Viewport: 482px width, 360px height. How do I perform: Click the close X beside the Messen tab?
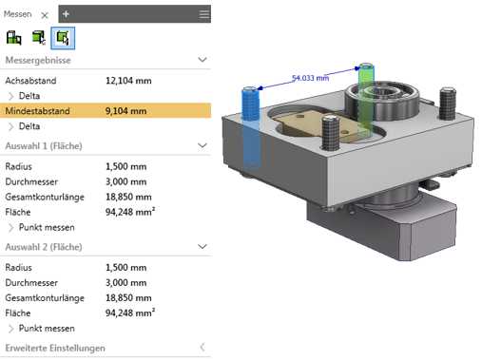(45, 15)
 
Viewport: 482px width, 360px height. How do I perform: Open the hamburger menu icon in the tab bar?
(204, 14)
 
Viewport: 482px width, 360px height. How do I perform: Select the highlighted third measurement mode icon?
(63, 38)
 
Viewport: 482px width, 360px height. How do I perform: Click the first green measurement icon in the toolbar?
(13, 38)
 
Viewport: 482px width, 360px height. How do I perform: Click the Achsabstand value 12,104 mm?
(128, 81)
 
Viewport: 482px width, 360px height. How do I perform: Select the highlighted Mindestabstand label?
(37, 111)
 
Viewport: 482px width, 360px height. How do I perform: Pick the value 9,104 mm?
(125, 111)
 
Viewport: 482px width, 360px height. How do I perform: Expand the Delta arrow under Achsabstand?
(11, 96)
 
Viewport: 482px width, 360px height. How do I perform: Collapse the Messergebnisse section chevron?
(202, 60)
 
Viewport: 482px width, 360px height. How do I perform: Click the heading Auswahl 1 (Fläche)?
(44, 146)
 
